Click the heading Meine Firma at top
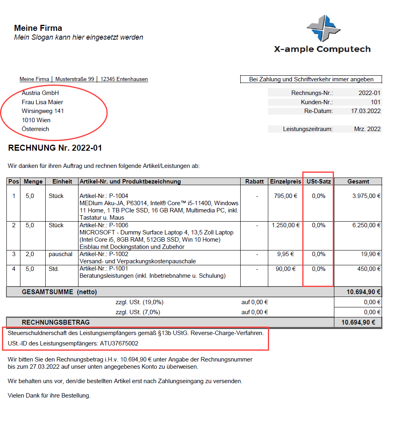(38, 28)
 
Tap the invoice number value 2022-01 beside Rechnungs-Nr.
(369, 93)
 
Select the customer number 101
(375, 102)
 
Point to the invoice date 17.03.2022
(366, 111)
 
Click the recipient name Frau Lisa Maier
(42, 102)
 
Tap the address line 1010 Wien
(36, 120)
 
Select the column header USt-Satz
(318, 182)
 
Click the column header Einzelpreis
(285, 182)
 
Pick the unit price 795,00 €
(285, 196)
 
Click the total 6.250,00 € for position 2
(366, 225)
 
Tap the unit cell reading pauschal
(61, 254)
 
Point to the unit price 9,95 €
(285, 254)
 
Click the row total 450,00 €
(368, 269)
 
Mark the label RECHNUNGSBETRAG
(56, 322)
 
